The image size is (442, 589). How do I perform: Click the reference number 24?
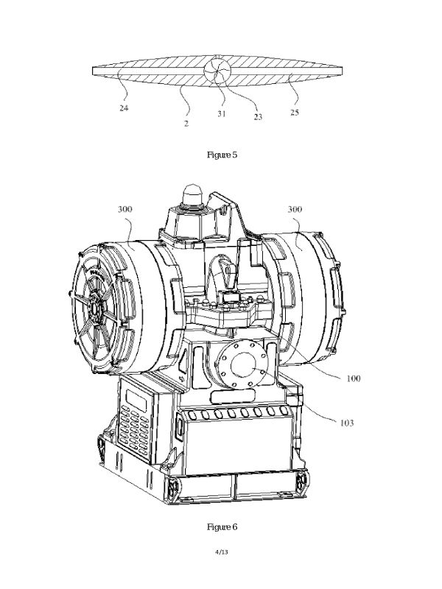[124, 108]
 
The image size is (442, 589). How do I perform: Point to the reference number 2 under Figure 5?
[186, 124]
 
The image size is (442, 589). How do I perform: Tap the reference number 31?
[222, 114]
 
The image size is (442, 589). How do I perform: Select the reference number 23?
[257, 117]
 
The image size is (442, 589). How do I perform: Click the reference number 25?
[295, 113]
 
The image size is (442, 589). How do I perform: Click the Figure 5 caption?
[222, 155]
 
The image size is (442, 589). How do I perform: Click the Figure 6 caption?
[222, 526]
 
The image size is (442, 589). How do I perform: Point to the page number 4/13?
[222, 551]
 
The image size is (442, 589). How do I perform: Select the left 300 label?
[125, 209]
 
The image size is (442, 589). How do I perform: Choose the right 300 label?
[295, 209]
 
